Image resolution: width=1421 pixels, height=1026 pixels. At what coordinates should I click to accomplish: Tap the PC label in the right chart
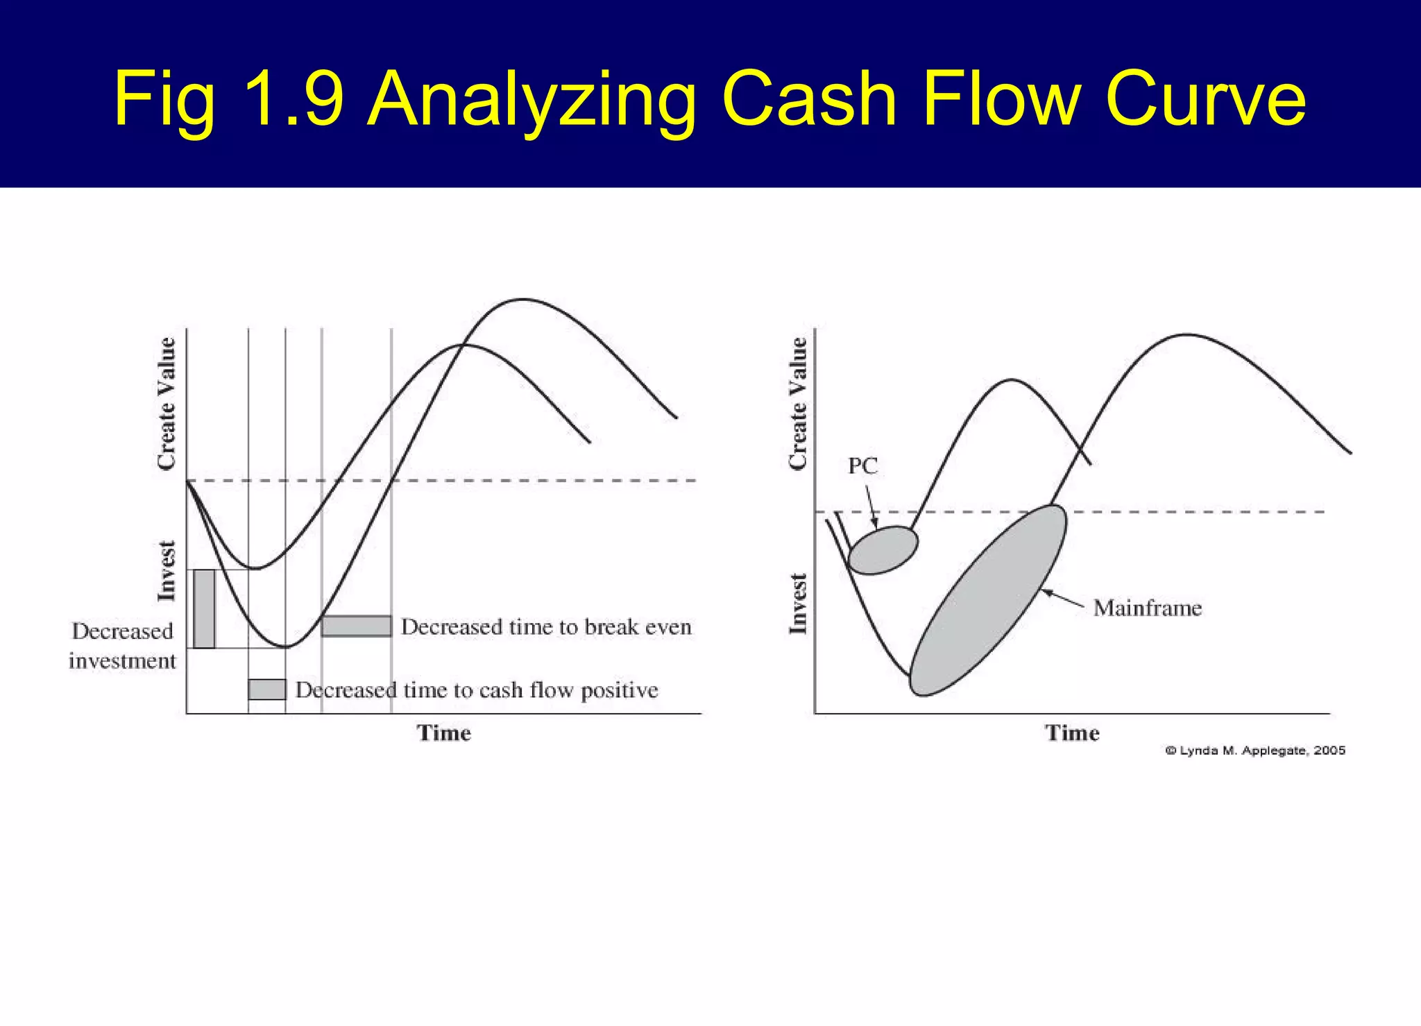862,466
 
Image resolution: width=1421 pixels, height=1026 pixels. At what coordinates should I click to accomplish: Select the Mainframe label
1147,608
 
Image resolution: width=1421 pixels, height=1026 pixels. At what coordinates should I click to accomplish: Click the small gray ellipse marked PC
883,550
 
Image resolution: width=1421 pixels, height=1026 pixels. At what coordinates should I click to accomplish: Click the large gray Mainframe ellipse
987,601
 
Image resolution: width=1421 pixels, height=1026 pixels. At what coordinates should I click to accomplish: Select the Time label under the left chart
443,733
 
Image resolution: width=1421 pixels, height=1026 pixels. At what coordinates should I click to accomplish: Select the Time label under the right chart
1072,733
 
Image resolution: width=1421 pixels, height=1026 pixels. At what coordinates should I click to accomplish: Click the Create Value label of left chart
167,404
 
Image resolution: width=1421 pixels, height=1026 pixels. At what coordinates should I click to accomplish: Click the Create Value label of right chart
798,404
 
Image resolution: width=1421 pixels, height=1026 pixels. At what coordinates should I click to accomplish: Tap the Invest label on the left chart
167,571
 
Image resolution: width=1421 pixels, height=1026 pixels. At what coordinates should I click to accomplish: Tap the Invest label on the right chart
798,604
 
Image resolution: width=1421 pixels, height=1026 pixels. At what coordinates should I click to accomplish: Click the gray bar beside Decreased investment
204,609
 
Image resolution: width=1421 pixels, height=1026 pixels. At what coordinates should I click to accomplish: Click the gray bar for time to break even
356,626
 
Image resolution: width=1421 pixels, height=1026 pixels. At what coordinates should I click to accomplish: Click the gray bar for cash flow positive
267,690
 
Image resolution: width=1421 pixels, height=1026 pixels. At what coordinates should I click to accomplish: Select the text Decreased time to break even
546,627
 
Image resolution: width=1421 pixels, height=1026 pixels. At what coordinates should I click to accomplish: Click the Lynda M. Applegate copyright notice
1254,751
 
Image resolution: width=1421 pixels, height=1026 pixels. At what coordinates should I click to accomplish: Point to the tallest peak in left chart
522,300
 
